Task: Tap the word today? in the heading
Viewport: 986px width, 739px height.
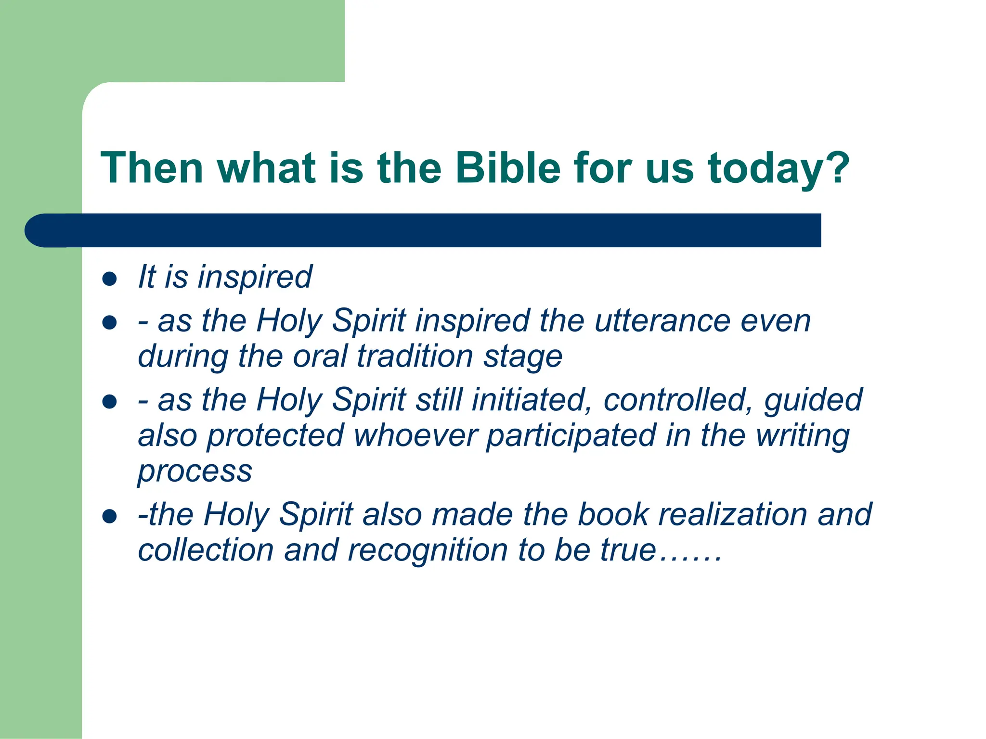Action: [778, 168]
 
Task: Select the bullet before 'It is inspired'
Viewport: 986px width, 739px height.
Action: [110, 279]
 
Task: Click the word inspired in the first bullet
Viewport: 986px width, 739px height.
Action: [255, 278]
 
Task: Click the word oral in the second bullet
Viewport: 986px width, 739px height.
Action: [320, 357]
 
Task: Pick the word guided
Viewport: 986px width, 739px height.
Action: [813, 401]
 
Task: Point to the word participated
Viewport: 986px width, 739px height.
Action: [571, 436]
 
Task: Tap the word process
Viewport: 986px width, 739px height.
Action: [195, 472]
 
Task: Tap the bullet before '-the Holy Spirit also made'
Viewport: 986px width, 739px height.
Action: [110, 516]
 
